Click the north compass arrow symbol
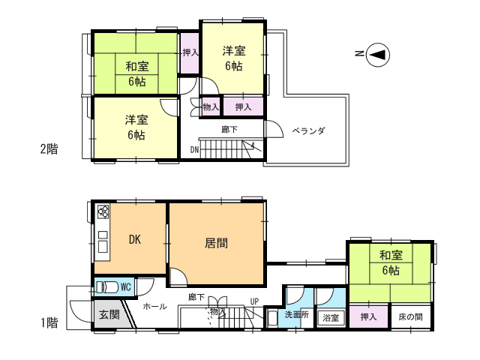(378, 55)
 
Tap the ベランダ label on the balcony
(308, 130)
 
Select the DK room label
(135, 239)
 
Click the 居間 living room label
(216, 243)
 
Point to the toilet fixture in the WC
(107, 287)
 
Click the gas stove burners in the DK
(103, 211)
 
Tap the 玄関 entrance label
(109, 314)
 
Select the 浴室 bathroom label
(331, 318)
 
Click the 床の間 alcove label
(410, 316)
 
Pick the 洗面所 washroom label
(297, 314)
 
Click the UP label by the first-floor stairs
(254, 301)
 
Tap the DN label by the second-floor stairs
(194, 150)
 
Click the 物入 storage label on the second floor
(211, 107)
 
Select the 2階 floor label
(49, 149)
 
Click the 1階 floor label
(49, 322)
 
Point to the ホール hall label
(154, 306)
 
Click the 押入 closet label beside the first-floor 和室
(368, 316)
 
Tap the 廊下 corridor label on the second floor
(229, 130)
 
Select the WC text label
(126, 287)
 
